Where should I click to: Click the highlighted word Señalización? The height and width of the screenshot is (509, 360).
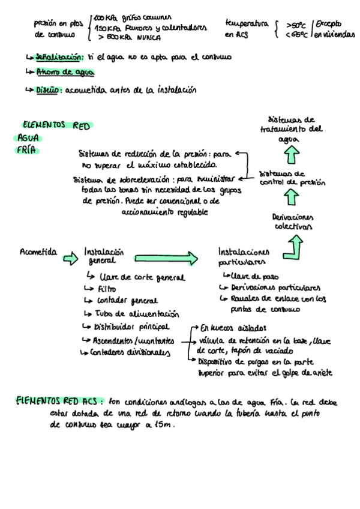pos(59,58)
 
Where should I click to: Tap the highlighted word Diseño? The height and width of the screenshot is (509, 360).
pos(48,91)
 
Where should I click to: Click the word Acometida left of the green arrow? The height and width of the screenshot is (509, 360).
pos(38,253)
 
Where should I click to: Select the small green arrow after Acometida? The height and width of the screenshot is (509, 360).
pos(70,258)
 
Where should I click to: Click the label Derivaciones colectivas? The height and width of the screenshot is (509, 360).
pos(292,221)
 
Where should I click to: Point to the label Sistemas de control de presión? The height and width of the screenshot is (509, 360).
pos(292,178)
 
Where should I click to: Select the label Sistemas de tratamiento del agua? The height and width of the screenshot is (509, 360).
pos(292,128)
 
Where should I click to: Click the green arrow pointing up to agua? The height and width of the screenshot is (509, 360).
pos(292,155)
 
